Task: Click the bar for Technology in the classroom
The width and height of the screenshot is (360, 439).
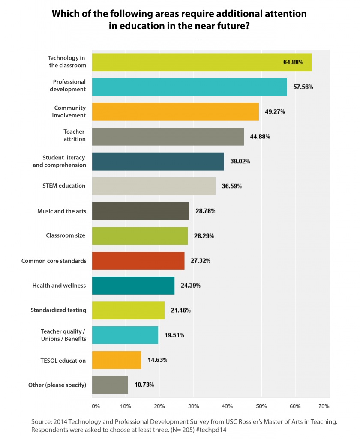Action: point(202,62)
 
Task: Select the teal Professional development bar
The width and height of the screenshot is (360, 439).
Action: point(189,87)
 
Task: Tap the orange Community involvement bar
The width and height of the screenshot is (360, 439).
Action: point(175,112)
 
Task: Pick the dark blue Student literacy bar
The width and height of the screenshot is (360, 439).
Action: point(158,161)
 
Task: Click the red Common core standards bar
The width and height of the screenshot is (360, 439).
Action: point(138,261)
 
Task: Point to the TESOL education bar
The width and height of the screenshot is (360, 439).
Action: point(117,360)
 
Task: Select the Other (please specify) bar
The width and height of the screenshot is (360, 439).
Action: point(110,385)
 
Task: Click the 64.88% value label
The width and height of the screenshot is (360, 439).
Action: point(293,62)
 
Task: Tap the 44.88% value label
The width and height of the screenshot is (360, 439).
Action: point(260,137)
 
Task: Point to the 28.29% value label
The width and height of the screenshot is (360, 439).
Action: point(204,236)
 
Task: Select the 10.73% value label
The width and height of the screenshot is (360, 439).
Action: point(144,385)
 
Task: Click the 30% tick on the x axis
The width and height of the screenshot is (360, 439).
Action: point(193,406)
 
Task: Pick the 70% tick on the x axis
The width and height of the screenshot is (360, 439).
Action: point(324,406)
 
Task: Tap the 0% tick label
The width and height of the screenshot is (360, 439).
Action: point(96,406)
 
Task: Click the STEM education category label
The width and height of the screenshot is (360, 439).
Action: point(64,186)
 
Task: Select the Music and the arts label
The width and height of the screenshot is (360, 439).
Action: point(62,211)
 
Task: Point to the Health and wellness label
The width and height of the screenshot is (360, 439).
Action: point(59,286)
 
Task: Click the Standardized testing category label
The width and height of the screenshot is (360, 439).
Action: point(58,310)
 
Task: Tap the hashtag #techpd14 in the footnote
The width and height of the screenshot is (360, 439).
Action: point(211,430)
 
